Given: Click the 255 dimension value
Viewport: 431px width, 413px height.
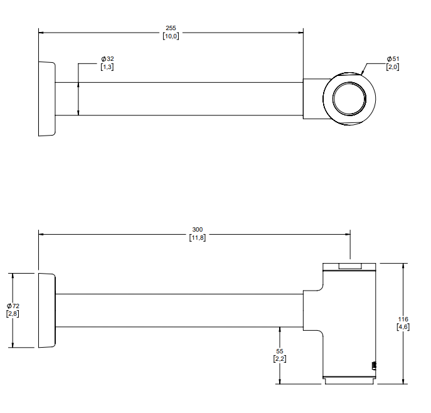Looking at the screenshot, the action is (171, 28).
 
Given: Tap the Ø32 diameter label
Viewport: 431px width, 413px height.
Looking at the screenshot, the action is (107, 59).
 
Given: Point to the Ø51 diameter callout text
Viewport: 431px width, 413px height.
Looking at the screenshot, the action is (393, 59).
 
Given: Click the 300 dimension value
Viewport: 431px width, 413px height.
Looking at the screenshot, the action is (198, 230).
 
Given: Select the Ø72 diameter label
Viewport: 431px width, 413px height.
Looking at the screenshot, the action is (13, 306).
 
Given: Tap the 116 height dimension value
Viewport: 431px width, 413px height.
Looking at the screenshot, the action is (403, 319).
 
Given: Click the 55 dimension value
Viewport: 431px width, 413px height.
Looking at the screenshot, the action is (280, 351).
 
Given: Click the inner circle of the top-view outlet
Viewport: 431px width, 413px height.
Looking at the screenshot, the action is (349, 82).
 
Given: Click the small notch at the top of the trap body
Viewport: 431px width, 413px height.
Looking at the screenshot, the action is (349, 266).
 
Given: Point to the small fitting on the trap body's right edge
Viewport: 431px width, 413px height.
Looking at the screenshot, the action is (374, 366).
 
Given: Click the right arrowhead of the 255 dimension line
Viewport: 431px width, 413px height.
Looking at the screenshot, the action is (301, 33).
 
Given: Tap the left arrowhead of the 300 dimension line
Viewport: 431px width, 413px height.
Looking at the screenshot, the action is (41, 234).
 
